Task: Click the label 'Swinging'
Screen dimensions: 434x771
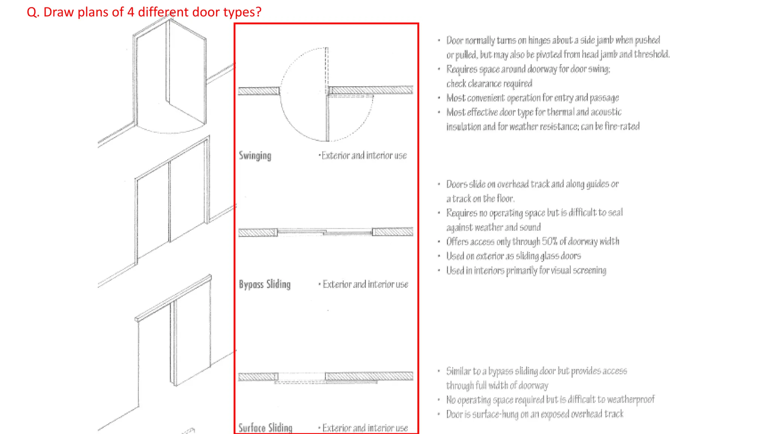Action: click(255, 156)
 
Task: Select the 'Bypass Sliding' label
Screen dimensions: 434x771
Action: click(265, 284)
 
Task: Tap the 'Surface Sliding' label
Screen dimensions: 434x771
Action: click(265, 428)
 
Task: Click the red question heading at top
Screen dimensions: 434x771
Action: click(144, 12)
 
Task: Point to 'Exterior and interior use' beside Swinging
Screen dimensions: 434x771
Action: click(364, 156)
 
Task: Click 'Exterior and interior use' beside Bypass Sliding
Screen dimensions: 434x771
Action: click(365, 284)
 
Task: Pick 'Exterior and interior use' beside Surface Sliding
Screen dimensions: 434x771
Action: click(365, 428)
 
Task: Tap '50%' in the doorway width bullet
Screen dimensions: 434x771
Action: click(550, 241)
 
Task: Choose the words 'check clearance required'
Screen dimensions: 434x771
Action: click(489, 84)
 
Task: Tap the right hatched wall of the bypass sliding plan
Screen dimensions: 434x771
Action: click(393, 232)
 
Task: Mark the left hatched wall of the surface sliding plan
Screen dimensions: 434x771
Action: click(258, 377)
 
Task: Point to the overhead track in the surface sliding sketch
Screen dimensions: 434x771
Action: click(173, 298)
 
